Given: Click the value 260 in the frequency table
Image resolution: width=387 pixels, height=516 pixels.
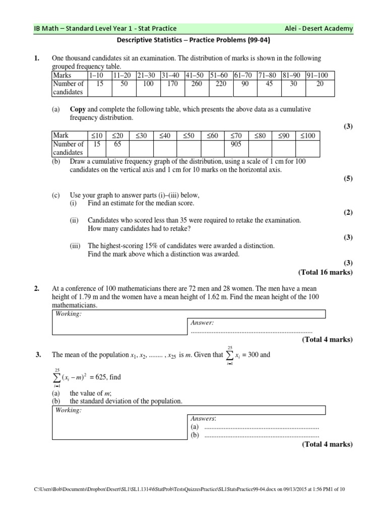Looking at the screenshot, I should (197, 84).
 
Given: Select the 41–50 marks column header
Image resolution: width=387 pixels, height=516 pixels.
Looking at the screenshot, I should (197, 76).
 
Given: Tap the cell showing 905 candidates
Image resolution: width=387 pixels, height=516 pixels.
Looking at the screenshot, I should (236, 144).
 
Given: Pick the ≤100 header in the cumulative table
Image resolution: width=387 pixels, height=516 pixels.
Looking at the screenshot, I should (307, 136).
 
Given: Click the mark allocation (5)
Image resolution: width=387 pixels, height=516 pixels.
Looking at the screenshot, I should (348, 178).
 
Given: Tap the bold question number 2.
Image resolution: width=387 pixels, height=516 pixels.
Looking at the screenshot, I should (37, 289).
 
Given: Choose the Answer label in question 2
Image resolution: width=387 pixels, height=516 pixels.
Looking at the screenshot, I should (202, 322).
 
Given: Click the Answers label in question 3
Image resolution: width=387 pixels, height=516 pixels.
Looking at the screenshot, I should (203, 418).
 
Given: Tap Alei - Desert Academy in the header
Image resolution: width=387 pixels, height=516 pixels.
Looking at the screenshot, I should (318, 29).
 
